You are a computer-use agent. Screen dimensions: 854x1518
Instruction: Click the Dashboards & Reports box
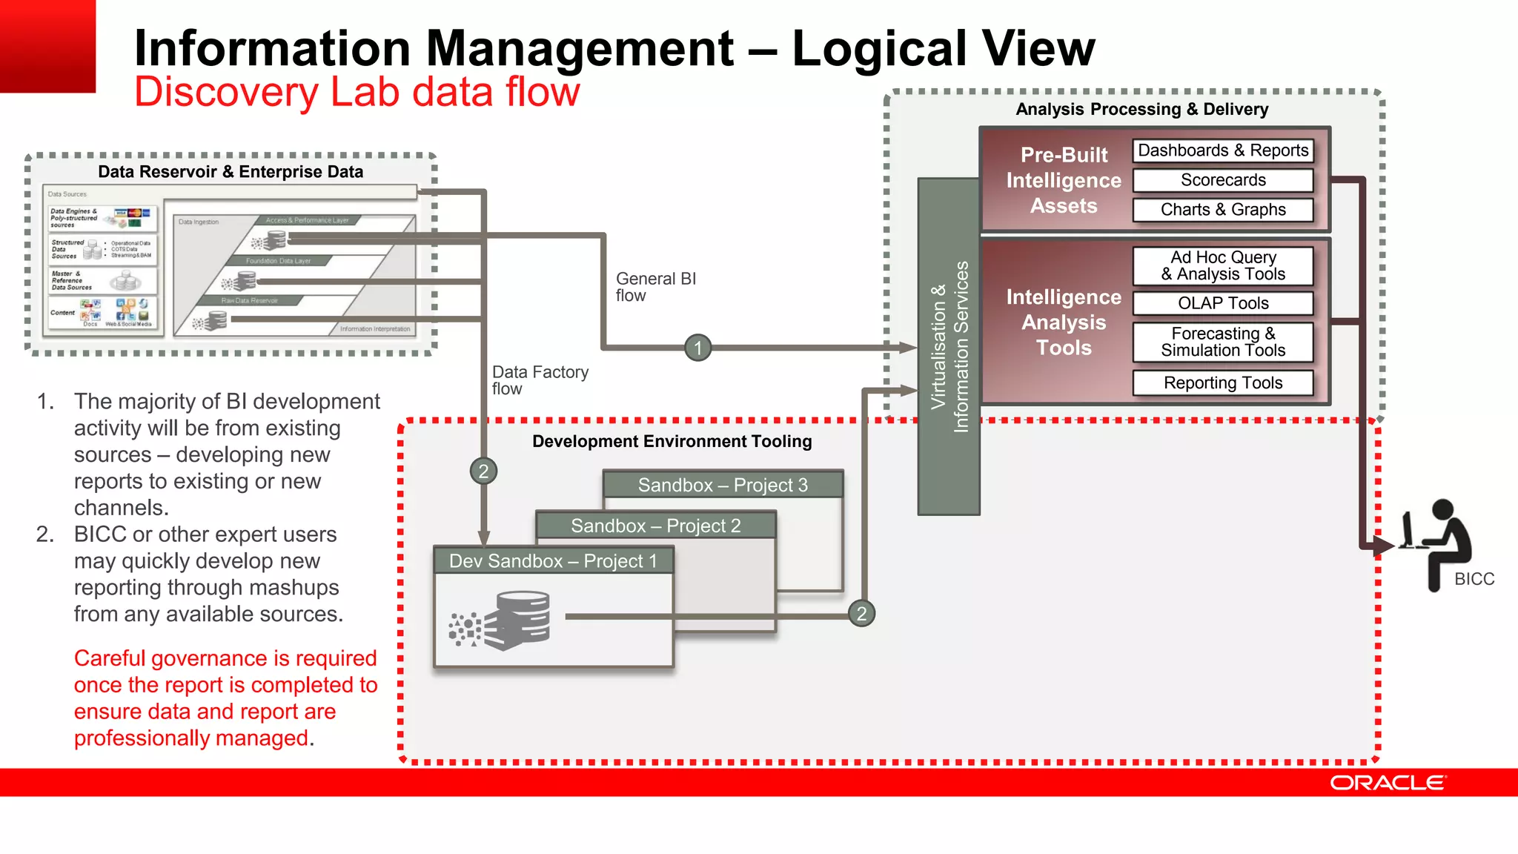click(1223, 150)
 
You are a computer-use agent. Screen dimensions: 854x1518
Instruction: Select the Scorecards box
click(1223, 180)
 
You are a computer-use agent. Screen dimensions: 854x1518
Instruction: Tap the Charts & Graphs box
click(1223, 210)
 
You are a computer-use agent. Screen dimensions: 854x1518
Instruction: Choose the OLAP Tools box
click(1223, 303)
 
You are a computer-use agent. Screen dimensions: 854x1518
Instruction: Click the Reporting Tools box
click(1223, 383)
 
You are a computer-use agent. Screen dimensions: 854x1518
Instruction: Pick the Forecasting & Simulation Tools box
click(1223, 342)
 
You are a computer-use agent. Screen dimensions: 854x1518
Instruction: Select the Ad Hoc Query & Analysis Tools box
click(1223, 265)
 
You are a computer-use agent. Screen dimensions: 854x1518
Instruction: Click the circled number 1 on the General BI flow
click(697, 348)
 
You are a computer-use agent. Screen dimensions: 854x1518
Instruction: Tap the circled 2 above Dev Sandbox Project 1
click(483, 471)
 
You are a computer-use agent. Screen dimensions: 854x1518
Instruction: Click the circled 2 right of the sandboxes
click(861, 614)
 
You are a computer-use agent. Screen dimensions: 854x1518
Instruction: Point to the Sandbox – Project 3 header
click(723, 485)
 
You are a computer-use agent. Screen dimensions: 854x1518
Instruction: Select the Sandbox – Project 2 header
click(655, 526)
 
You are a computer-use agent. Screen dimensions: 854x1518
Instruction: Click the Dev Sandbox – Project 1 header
click(553, 561)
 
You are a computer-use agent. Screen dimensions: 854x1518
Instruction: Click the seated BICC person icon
click(1438, 545)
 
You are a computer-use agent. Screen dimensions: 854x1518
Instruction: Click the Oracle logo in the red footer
click(1387, 783)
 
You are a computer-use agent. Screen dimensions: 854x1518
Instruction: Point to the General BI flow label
click(655, 287)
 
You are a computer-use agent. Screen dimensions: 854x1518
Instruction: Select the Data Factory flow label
click(540, 380)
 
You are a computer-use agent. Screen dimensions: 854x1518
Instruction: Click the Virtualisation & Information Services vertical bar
click(949, 346)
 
